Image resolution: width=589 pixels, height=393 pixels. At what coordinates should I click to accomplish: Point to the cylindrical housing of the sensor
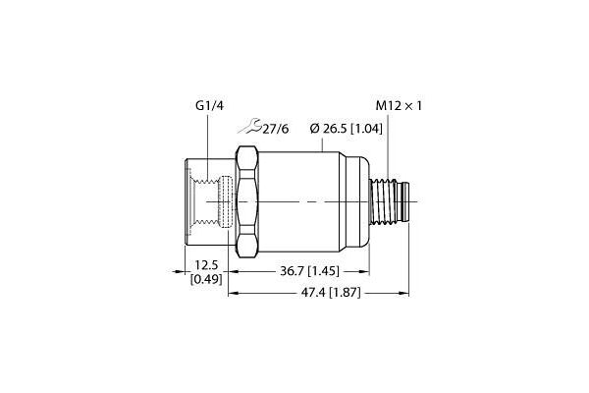[314, 200]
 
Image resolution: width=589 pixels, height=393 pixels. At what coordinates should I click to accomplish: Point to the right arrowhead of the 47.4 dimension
[404, 293]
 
